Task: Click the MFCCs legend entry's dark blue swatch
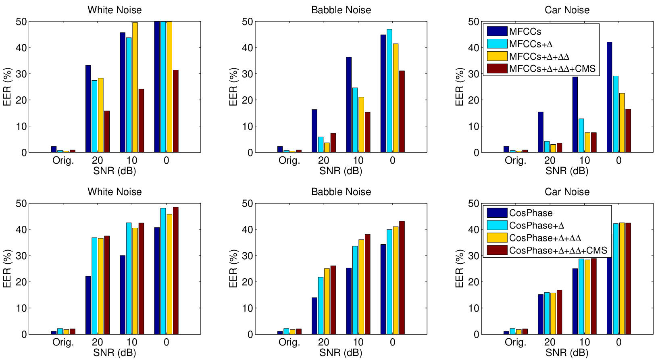point(497,31)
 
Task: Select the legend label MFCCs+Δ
point(531,44)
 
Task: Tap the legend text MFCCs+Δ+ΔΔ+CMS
point(552,69)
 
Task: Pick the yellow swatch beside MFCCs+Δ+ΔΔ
point(497,56)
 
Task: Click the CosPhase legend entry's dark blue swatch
point(497,212)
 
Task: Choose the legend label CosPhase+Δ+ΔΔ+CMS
point(558,250)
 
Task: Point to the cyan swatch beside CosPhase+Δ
point(497,225)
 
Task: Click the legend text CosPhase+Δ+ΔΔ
point(545,237)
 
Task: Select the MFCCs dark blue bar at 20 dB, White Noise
point(88,109)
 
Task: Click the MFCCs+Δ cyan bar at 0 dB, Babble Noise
point(389,91)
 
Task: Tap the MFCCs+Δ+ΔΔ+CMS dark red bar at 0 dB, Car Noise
point(628,131)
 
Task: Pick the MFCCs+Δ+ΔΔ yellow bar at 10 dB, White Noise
point(135,87)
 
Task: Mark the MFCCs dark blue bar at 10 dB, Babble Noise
point(349,104)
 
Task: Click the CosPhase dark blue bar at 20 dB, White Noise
point(88,305)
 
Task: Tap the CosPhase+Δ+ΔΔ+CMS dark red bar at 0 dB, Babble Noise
point(402,278)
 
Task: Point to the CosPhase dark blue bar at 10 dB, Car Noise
point(575,301)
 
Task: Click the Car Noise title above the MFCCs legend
point(567,10)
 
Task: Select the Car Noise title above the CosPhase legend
point(567,192)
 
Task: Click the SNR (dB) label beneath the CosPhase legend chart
point(567,353)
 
